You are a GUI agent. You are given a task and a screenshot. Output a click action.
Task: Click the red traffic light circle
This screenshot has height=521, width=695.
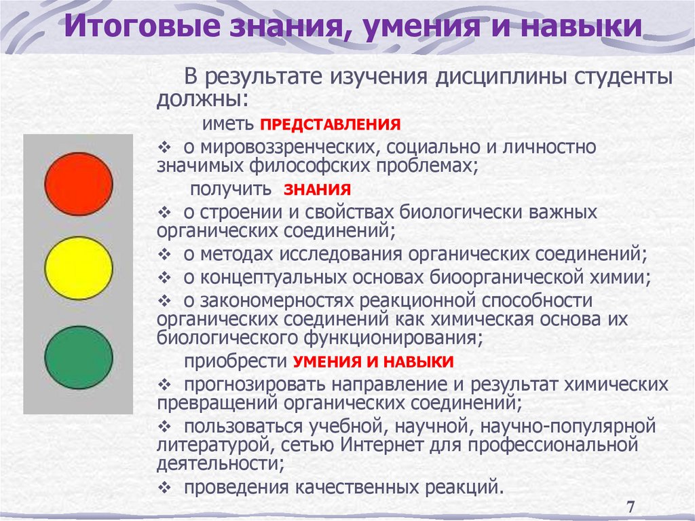pos(79,183)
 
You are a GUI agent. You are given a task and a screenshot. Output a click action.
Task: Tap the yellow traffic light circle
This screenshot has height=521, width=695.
pos(79,268)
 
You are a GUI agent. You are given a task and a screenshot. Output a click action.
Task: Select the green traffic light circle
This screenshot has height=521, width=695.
pos(79,357)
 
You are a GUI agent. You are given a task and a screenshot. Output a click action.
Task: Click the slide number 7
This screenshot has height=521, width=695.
pos(631,506)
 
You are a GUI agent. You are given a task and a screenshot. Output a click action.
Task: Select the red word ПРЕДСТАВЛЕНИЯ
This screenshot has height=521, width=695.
pos(330,125)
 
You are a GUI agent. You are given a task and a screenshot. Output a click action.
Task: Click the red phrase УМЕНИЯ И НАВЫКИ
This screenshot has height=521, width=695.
pos(373,361)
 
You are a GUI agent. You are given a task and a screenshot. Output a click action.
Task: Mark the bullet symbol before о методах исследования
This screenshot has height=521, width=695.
pos(166,255)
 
